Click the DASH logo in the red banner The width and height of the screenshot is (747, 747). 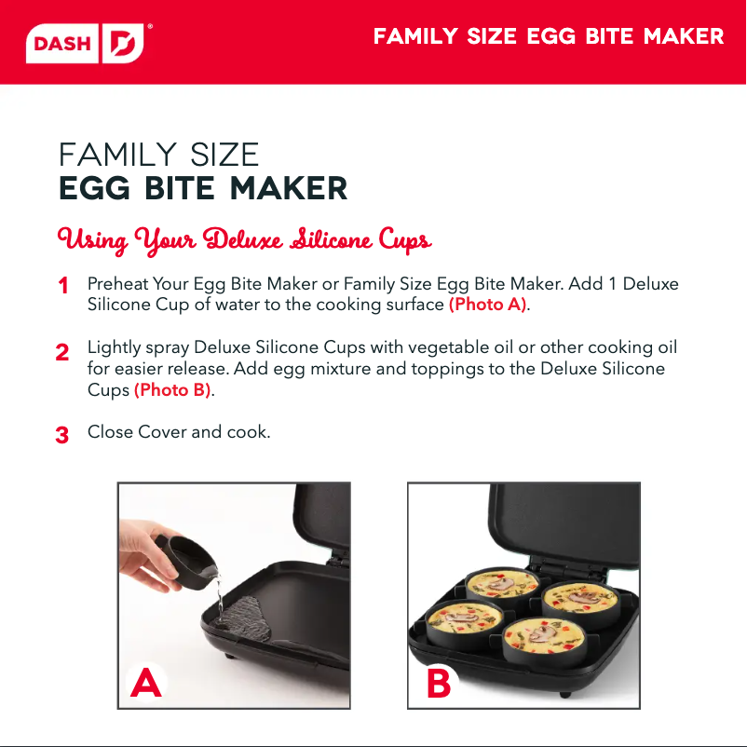85,44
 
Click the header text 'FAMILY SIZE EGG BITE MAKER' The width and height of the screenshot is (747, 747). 549,36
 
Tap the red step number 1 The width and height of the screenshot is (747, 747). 63,286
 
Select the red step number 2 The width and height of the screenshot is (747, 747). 61,352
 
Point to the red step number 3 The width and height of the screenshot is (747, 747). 61,435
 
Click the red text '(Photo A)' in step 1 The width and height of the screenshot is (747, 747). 488,305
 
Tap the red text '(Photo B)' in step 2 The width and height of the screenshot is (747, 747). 173,390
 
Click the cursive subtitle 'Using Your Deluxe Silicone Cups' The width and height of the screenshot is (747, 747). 244,240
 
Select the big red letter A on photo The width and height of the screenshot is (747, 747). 146,682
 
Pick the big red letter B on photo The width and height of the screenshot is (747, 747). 439,684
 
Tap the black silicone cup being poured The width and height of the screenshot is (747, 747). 188,563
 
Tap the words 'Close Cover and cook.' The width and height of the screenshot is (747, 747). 179,432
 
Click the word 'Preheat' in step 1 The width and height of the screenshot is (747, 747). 118,284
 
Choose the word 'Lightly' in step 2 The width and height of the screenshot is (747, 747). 115,348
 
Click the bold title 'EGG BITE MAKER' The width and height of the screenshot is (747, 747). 203,188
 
